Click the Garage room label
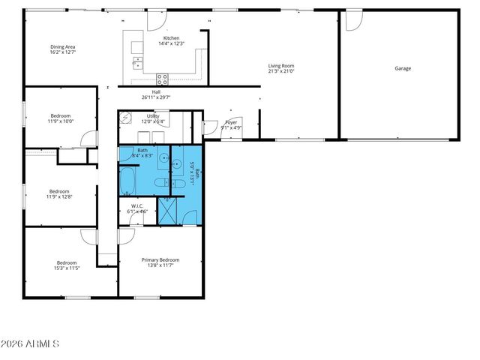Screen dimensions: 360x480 tap(403, 68)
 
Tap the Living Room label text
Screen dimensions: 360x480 tap(281, 66)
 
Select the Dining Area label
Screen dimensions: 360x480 tap(62, 46)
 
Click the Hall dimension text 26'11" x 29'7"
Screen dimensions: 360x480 tap(156, 97)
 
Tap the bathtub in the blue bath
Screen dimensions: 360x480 tap(127, 182)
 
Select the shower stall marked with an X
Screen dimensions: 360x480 tap(169, 209)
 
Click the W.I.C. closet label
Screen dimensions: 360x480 tap(137, 205)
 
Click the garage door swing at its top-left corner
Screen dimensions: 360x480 tap(353, 20)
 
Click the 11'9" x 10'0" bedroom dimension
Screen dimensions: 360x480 tap(61, 121)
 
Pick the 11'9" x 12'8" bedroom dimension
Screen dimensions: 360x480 tap(60, 196)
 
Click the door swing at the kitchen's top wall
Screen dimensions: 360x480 tap(155, 19)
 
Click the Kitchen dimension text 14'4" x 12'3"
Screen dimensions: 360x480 tap(172, 43)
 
